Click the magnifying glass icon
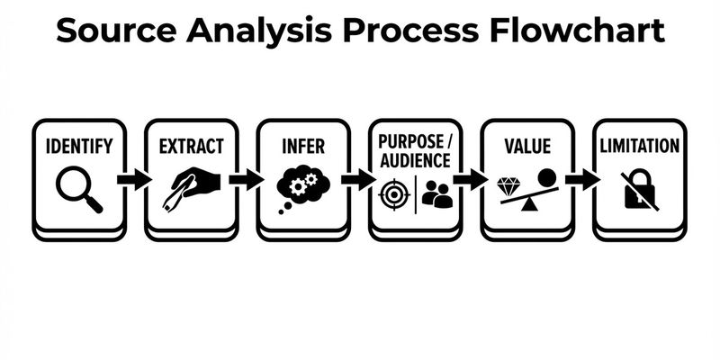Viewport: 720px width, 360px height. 77,190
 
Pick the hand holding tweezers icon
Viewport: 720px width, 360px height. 191,187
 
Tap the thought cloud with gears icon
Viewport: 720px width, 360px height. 302,187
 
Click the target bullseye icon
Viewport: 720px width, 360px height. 394,193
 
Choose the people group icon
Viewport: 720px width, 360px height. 436,193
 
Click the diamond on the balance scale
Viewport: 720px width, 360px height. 509,187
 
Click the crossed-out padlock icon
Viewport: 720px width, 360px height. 639,190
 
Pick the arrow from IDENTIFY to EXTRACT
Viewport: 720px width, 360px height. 134,179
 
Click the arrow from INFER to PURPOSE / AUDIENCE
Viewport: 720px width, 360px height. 358,179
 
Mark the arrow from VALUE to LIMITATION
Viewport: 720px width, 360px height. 582,179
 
